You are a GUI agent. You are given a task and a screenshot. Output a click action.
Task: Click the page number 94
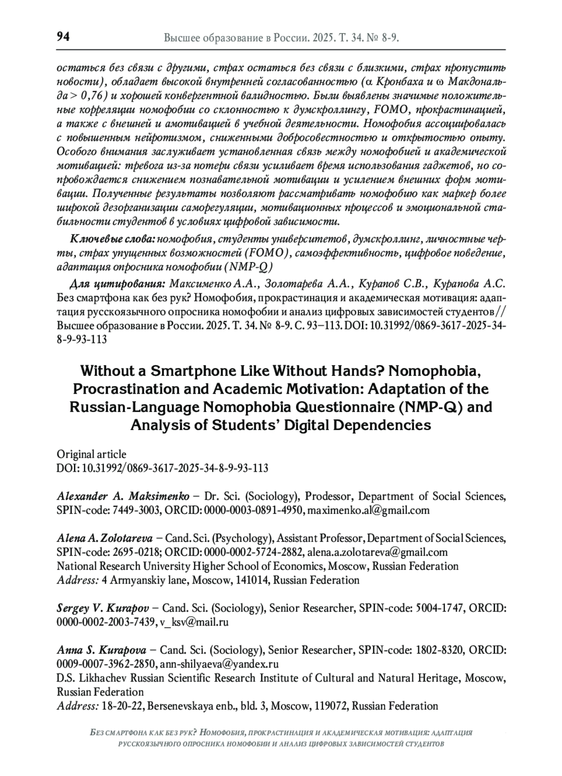(x=63, y=37)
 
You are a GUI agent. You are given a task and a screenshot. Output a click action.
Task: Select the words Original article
(x=91, y=454)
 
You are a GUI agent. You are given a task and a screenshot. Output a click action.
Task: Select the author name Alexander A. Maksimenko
(x=123, y=496)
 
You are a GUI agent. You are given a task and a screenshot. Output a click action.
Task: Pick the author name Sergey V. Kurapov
(x=103, y=608)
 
